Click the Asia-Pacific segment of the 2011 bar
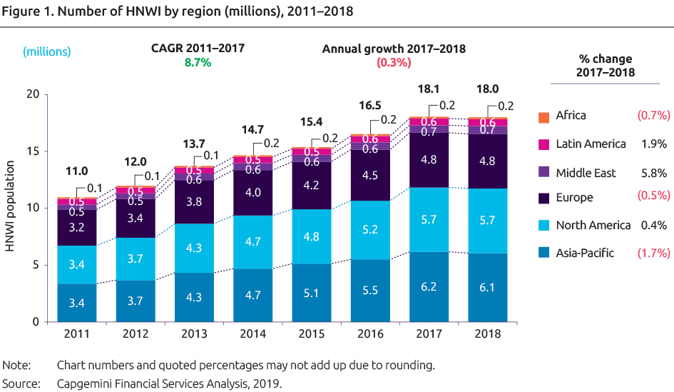77,303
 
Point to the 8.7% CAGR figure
198,63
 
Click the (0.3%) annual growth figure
394,63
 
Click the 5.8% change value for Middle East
654,173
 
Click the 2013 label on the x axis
194,334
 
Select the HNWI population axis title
12,208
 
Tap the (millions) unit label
47,51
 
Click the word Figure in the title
21,11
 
